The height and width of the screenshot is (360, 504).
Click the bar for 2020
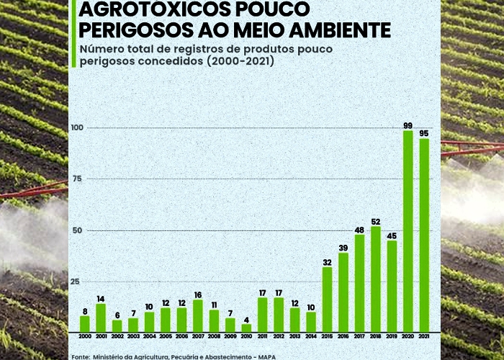click(x=408, y=230)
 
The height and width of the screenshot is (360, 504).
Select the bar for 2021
click(x=424, y=235)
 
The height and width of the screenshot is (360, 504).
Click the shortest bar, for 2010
click(x=247, y=328)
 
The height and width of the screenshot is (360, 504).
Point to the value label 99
click(x=408, y=126)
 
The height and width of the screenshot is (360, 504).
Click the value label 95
click(x=424, y=133)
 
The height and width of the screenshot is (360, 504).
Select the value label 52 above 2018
click(x=376, y=221)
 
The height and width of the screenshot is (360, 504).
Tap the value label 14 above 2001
click(x=102, y=299)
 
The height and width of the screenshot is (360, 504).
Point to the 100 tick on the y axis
click(x=77, y=128)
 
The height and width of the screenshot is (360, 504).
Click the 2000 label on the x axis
click(x=85, y=336)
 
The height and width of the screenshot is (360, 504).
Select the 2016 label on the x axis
click(x=343, y=336)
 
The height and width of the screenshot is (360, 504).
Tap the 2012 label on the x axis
click(x=279, y=336)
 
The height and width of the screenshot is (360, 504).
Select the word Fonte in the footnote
click(x=81, y=356)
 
